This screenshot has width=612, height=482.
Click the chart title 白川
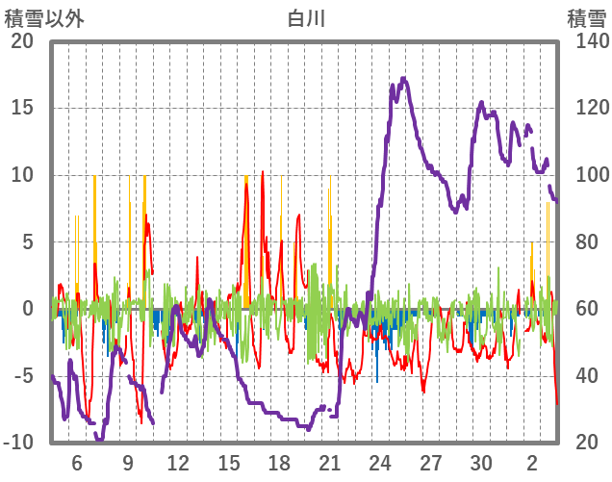[x=305, y=17]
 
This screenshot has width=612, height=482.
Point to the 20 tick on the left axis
[x=22, y=41]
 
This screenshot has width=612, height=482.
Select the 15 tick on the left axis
[x=22, y=108]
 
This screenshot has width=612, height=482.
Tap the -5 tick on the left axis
[x=22, y=375]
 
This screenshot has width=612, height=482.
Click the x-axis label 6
[x=77, y=462]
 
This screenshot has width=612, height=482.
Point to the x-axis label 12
[x=178, y=462]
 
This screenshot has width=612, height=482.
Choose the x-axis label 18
[x=279, y=462]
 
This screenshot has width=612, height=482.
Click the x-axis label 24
[x=380, y=462]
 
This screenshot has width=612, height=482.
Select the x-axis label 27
[x=430, y=462]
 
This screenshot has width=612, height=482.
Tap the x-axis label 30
[x=481, y=462]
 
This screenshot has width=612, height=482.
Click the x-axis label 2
[x=532, y=462]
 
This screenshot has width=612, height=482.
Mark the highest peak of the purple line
[x=403, y=79]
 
